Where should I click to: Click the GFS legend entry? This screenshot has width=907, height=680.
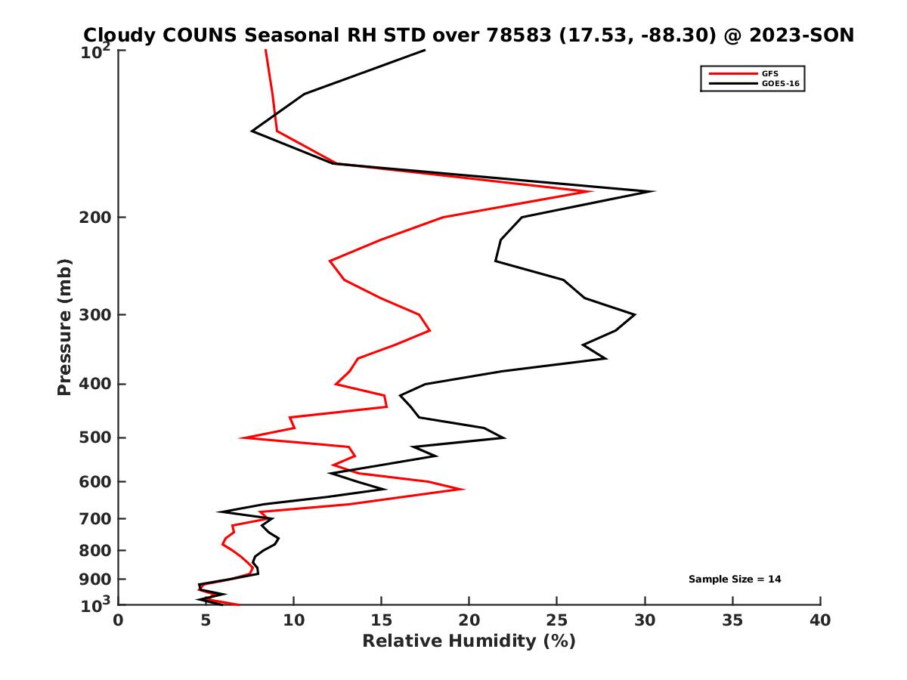pos(769,73)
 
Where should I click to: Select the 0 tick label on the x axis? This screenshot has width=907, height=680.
pos(119,620)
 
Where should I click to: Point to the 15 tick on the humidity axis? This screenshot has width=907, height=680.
pos(382,620)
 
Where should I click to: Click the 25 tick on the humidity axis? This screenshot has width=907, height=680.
pos(557,620)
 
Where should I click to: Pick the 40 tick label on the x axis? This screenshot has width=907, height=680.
pos(820,620)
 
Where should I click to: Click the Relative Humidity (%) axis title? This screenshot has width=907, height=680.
pos(469,641)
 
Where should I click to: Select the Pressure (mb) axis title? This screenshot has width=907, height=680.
pos(64,327)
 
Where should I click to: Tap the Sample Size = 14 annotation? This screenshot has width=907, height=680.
pos(735,580)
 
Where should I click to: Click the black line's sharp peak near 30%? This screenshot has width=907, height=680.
pos(653,191)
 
